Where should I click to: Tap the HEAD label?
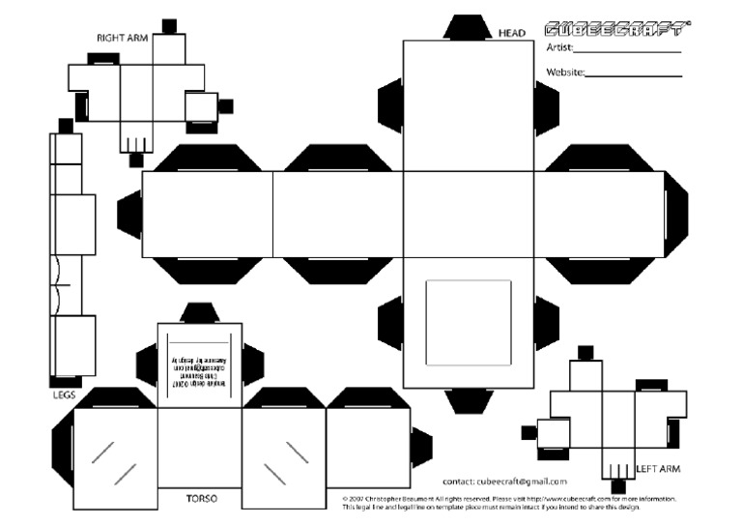click(x=511, y=34)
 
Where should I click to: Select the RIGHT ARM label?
click(x=121, y=38)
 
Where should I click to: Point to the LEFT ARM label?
click(x=659, y=469)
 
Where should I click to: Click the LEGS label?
click(x=64, y=394)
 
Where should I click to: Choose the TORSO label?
click(x=201, y=499)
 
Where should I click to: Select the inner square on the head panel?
click(x=469, y=323)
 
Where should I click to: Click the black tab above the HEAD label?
click(x=469, y=27)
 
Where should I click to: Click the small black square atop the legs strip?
click(x=65, y=125)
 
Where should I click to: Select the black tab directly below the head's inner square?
click(x=469, y=400)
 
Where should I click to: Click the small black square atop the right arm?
click(x=169, y=25)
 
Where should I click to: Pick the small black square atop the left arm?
click(x=585, y=353)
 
